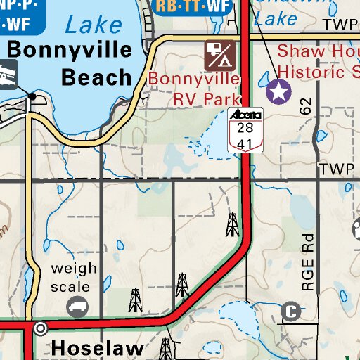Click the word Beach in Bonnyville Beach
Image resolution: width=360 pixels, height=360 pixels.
coord(96,77)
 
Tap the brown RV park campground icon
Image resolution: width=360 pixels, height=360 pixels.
coord(219,53)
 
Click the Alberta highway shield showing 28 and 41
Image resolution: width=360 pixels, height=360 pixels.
coord(245,131)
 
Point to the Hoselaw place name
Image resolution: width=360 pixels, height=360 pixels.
coord(98,347)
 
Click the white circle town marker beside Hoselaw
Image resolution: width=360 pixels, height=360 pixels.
coord(41,328)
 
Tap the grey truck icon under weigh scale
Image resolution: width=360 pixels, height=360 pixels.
coord(76,307)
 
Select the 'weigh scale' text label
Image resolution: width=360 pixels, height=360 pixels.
coord(70,278)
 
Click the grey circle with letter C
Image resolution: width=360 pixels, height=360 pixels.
coord(290,311)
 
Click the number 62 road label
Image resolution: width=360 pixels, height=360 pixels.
coord(304,107)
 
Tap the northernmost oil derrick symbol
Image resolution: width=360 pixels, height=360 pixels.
coord(231,224)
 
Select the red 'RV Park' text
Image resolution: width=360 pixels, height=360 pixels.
coord(207,98)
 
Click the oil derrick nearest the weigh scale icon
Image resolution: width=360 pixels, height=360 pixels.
coord(135,300)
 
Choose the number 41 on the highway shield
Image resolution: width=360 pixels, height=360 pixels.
coord(245,143)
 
